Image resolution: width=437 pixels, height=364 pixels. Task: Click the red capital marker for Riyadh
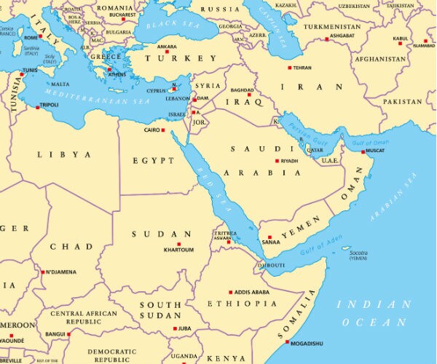tap(277, 161)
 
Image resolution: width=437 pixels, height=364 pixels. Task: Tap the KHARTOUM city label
tap(178, 250)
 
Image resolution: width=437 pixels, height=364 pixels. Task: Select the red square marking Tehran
tap(289, 68)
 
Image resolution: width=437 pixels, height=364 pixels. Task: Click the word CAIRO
tap(151, 130)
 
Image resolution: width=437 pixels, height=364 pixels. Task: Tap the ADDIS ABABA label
tap(252, 291)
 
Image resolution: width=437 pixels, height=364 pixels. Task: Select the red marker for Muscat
tap(363, 151)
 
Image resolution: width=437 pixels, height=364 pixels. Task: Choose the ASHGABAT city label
tap(342, 35)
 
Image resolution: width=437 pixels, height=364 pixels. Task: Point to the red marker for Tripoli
tap(37, 107)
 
